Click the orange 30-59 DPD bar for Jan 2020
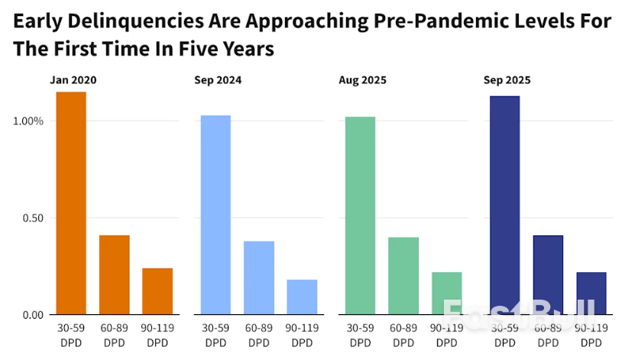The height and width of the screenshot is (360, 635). (x=71, y=203)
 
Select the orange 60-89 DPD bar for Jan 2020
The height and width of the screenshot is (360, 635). (x=114, y=274)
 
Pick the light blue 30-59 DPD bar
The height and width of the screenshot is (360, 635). (x=215, y=215)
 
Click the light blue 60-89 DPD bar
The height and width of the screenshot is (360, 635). (x=259, y=277)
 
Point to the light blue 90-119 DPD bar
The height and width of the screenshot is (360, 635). (x=302, y=297)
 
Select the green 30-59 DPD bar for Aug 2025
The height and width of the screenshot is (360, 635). (x=360, y=216)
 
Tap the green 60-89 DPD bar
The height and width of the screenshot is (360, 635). (x=403, y=275)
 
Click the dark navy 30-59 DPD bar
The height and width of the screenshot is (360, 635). (x=504, y=205)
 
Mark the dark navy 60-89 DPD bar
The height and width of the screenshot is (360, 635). (x=548, y=274)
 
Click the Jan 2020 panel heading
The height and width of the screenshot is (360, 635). (x=73, y=79)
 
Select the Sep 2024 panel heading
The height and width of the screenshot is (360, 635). (x=218, y=79)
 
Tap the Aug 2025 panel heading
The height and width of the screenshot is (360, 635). (x=362, y=79)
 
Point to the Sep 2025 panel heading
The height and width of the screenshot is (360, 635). (x=507, y=79)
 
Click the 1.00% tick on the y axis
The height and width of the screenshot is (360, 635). (x=29, y=121)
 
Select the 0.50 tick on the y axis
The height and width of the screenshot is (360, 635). (x=31, y=218)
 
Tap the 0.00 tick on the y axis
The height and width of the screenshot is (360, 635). (x=31, y=315)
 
